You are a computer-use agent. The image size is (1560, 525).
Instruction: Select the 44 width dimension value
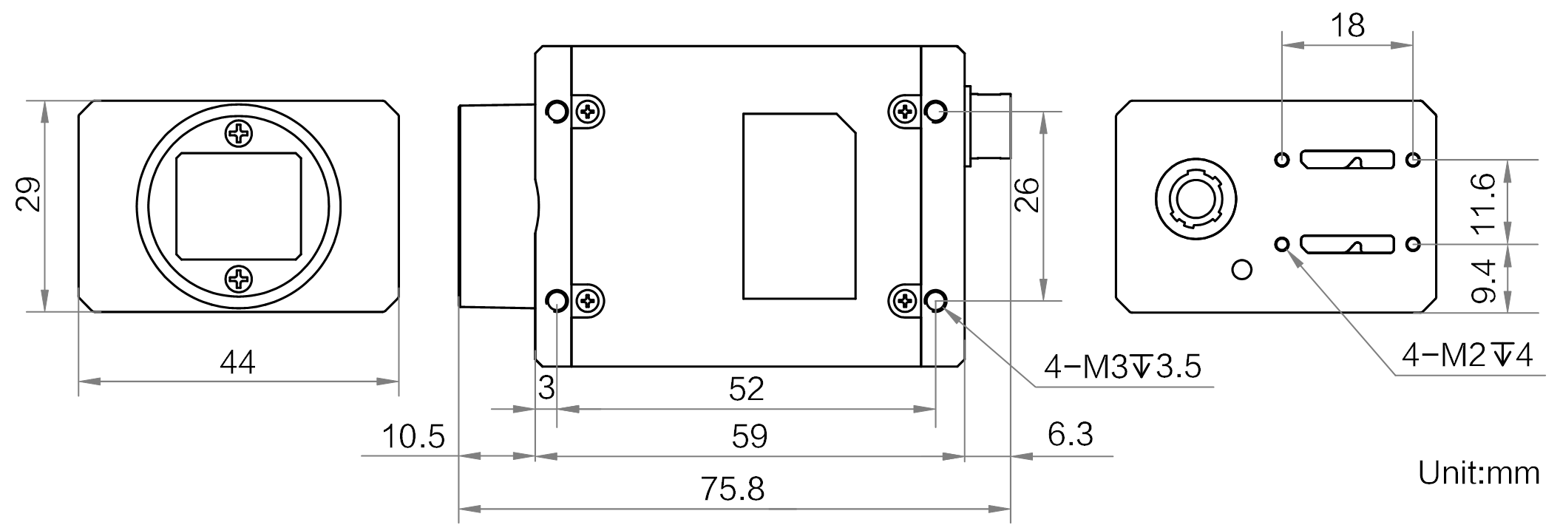237,362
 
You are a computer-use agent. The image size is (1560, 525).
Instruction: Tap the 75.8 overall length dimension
733,490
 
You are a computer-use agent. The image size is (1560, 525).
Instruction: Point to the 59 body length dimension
750,436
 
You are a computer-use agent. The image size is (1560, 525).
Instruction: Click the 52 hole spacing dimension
746,389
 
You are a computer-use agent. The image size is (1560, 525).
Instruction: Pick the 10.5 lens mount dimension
413,436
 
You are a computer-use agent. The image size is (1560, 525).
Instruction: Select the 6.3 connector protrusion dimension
1070,433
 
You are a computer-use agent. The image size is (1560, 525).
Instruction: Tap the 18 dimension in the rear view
1347,25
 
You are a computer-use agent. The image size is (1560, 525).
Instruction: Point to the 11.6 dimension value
1484,202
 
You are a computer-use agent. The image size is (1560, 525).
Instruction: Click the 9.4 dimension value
1484,281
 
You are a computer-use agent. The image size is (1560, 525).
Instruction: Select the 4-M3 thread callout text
1122,367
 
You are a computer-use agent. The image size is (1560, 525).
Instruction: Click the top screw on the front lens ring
239,134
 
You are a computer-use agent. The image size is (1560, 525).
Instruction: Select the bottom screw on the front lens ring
239,280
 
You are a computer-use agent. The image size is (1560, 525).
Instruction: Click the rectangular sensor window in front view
239,206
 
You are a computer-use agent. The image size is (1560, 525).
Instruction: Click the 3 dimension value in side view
546,389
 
